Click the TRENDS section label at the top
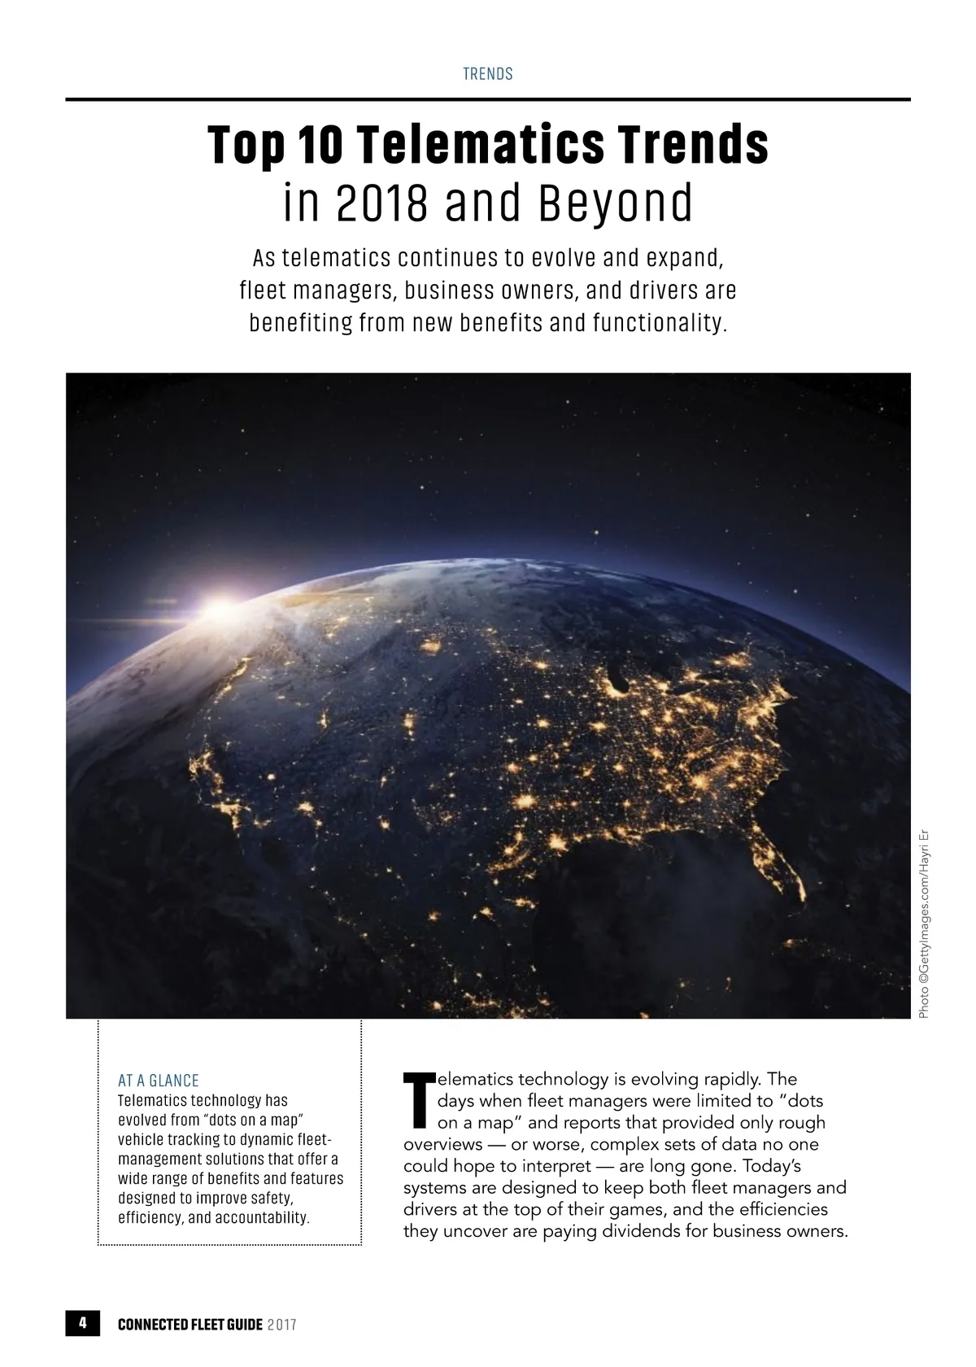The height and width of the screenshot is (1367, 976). (x=488, y=74)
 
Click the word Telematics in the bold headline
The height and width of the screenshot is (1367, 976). (x=481, y=145)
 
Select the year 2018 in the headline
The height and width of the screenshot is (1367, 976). (x=381, y=203)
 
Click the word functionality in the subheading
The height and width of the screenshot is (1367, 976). (x=656, y=323)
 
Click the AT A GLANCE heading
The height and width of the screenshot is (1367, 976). (x=159, y=1081)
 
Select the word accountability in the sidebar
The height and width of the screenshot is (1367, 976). (x=261, y=1218)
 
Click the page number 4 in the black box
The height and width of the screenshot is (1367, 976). (x=82, y=1323)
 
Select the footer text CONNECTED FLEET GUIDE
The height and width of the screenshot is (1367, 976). (x=190, y=1325)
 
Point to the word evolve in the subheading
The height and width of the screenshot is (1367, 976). (x=564, y=258)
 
